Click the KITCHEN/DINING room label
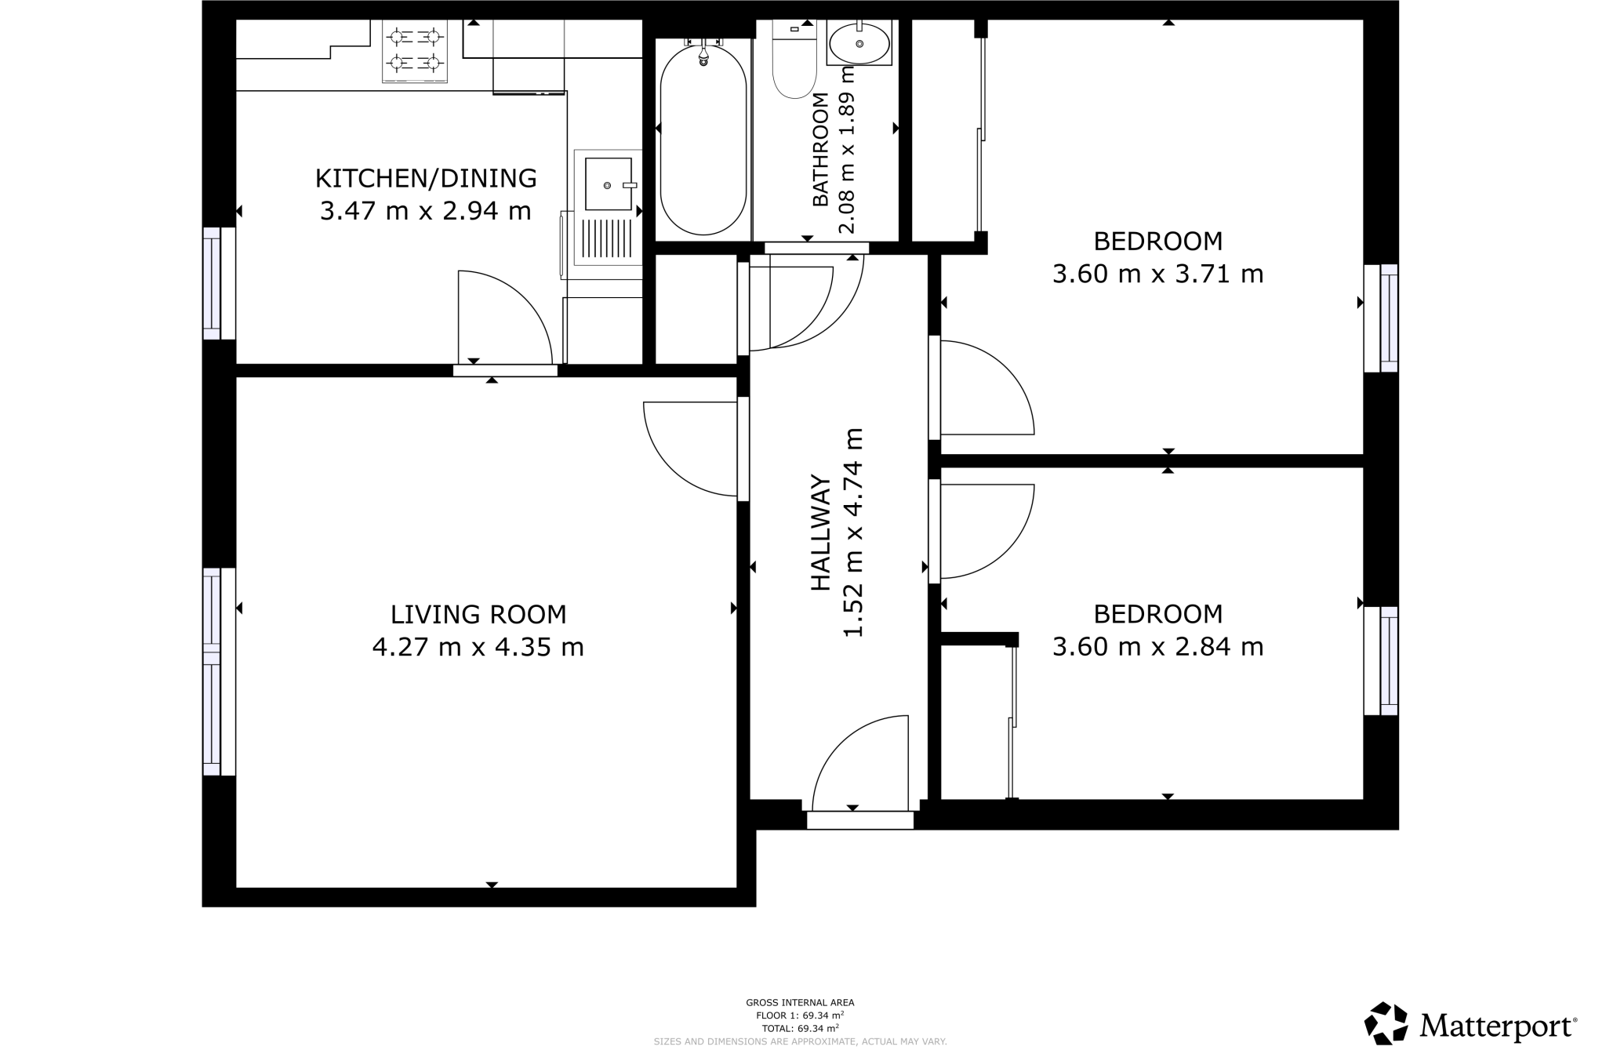click(426, 179)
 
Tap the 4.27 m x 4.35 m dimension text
click(478, 648)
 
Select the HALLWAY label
click(820, 532)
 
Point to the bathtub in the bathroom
click(703, 140)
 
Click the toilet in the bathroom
click(794, 63)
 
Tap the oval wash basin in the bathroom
click(859, 42)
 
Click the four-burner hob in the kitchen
click(415, 50)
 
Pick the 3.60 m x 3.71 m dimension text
click(1157, 274)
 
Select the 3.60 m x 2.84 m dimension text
click(1157, 647)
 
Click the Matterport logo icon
click(1386, 1023)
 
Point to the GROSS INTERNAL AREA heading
click(800, 1002)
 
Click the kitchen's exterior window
click(212, 283)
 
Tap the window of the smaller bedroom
click(1388, 660)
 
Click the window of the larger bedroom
click(1388, 318)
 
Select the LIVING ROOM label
click(478, 614)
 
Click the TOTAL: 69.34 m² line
click(800, 1028)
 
